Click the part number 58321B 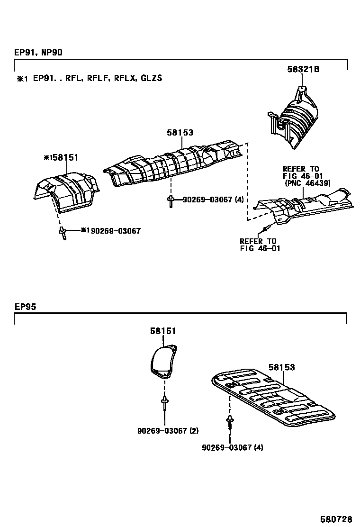click(303, 69)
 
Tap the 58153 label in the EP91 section click(180, 133)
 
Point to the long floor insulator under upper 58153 click(175, 164)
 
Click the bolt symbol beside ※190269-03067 click(62, 232)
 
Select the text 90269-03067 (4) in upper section click(214, 200)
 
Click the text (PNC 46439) click(307, 182)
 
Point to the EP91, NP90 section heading click(38, 53)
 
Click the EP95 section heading click(25, 307)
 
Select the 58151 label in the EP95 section click(163, 331)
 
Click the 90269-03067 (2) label click(168, 431)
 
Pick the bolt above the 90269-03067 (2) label click(164, 403)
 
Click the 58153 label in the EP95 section click(281, 367)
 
